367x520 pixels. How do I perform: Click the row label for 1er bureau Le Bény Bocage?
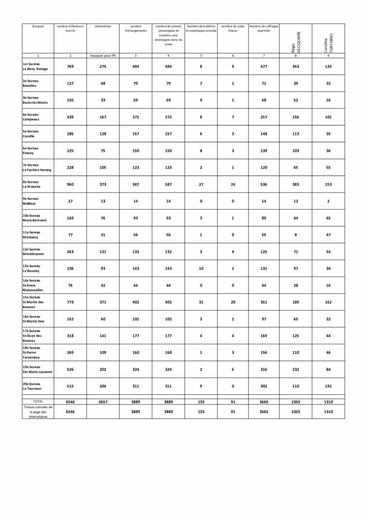click(35, 66)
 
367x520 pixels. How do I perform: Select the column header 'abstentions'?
click(103, 26)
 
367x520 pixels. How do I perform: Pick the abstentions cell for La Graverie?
click(103, 185)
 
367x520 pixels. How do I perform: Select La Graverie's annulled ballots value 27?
click(201, 185)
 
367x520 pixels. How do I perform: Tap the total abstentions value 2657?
click(103, 401)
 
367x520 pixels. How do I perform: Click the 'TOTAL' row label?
click(38, 401)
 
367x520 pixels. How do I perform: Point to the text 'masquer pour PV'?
click(103, 55)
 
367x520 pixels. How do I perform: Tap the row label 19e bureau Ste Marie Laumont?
click(38, 369)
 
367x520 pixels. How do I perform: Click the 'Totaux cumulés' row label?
click(38, 411)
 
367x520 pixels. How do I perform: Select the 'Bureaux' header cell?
click(38, 26)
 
